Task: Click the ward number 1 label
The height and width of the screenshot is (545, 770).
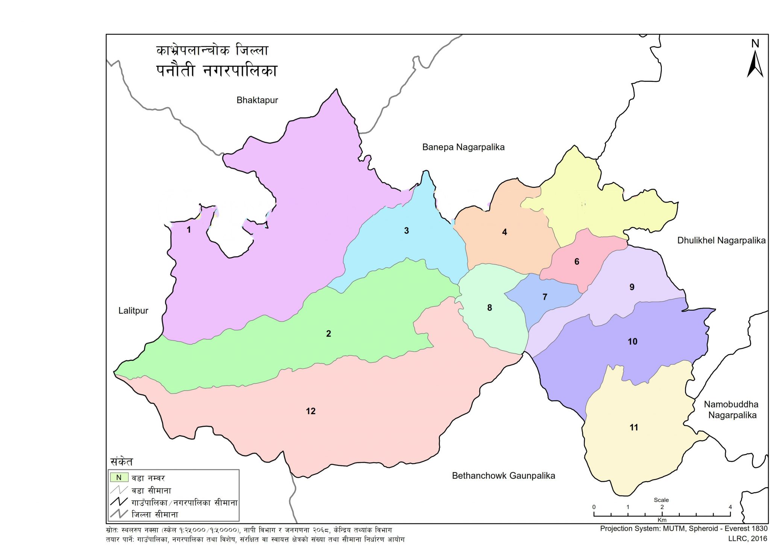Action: (189, 230)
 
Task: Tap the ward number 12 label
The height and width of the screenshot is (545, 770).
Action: (311, 411)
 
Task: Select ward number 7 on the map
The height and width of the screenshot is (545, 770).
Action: (545, 297)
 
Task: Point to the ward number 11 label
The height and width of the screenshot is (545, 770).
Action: (634, 427)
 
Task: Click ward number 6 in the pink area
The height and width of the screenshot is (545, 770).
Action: (577, 262)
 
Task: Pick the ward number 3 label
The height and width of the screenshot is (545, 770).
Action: (406, 231)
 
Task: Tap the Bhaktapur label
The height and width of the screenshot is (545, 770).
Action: (257, 100)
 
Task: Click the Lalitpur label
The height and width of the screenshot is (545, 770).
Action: (133, 311)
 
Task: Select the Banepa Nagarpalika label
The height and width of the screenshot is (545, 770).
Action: (463, 147)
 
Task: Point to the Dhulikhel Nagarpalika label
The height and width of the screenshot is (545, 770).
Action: (721, 241)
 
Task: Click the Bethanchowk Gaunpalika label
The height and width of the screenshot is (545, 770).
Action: (503, 476)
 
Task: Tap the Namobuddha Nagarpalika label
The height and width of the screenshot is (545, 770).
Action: (732, 410)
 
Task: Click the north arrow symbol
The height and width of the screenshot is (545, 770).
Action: (755, 62)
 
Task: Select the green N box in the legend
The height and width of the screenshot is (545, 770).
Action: (119, 478)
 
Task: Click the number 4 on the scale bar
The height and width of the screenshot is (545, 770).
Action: (730, 507)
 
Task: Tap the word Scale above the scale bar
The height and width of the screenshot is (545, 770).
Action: (661, 500)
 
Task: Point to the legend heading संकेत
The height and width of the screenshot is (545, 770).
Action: (121, 462)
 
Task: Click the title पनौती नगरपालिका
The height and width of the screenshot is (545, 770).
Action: (217, 71)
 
